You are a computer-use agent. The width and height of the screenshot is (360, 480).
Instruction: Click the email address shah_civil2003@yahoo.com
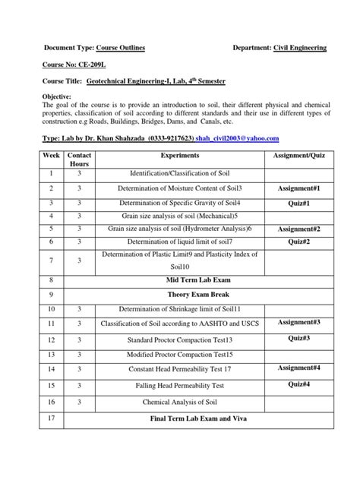[238, 138]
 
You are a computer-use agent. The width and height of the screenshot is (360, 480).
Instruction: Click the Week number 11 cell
[51, 324]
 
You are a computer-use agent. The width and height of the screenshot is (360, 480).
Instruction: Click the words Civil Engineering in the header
[300, 48]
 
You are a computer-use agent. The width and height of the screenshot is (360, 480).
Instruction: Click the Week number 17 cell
[51, 418]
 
